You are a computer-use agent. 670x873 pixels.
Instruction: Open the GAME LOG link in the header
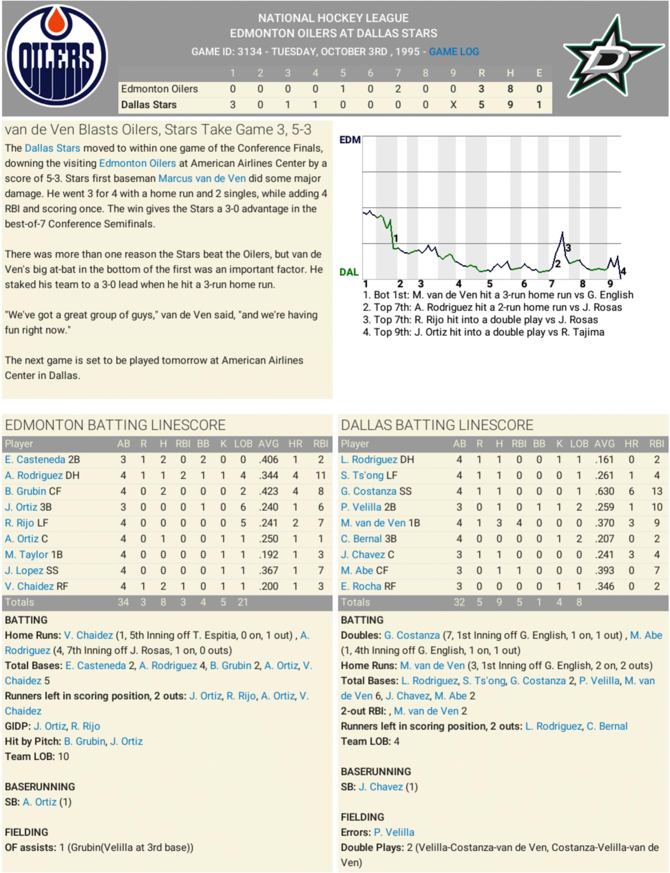point(454,51)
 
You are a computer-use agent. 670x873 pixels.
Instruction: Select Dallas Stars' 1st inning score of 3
point(233,104)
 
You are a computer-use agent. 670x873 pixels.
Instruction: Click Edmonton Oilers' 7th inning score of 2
point(398,89)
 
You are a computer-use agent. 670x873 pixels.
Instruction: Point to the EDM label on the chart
point(350,140)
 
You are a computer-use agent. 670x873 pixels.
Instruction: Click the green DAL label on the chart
point(349,272)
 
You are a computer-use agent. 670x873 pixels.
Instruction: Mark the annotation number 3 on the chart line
point(568,248)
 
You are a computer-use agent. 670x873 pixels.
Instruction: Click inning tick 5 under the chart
point(489,284)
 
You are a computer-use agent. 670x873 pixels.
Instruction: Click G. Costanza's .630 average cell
point(604,491)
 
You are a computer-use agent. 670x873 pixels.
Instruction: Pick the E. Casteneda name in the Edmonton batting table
point(35,460)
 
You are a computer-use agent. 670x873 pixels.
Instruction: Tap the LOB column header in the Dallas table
point(579,444)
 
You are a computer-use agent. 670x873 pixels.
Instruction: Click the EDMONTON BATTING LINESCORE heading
point(115,425)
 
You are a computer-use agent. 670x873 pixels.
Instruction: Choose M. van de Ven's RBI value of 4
point(519,523)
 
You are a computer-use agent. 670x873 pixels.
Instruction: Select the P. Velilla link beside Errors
point(394,832)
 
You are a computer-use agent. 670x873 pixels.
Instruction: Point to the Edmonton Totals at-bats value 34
point(123,602)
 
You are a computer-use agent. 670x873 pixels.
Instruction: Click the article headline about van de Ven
point(158,130)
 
